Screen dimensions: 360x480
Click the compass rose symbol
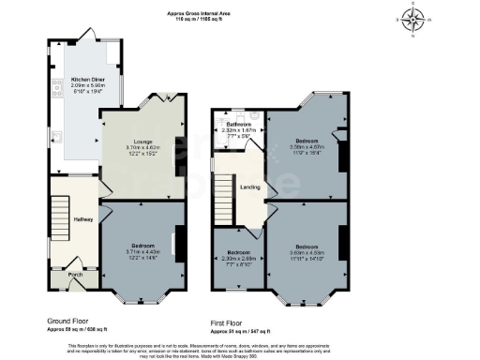[x=413, y=19]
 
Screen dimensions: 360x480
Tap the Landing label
[x=250, y=187]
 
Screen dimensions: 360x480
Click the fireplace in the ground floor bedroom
[x=177, y=240]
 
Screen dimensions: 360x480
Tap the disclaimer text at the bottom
[x=240, y=348]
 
